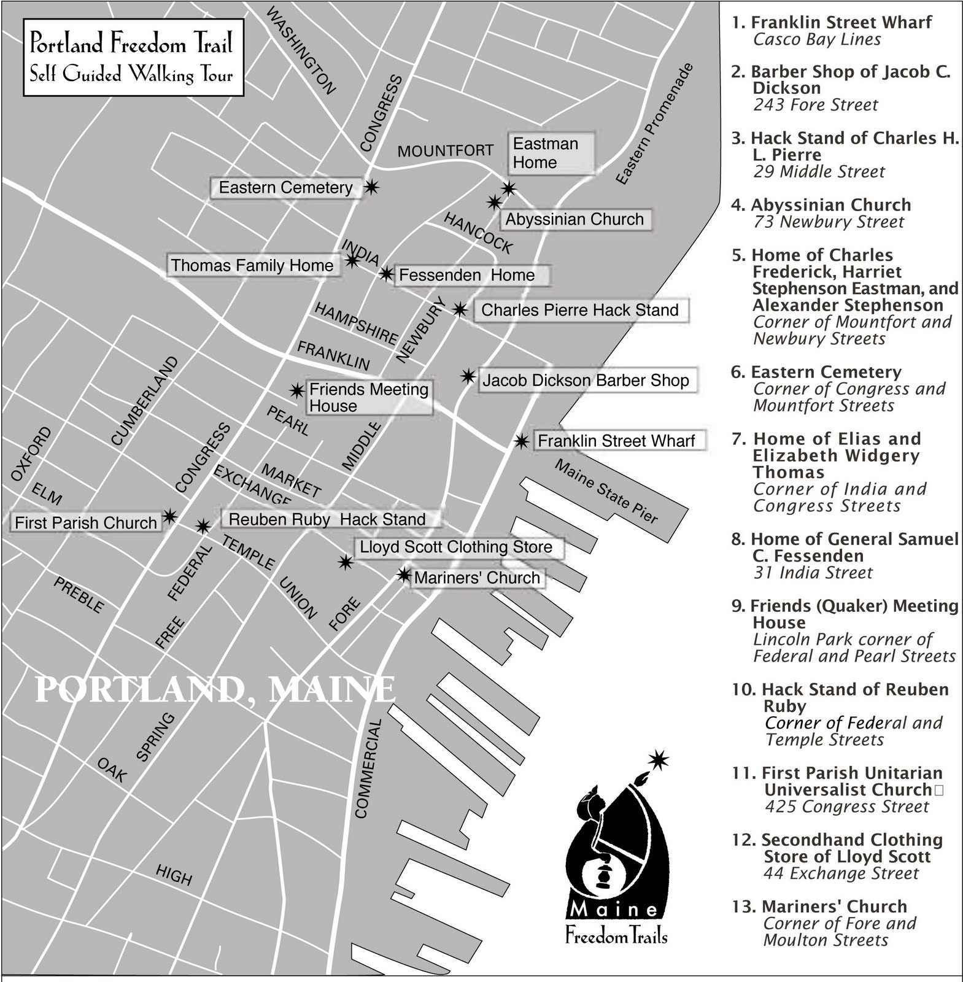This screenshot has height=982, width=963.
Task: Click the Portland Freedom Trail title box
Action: click(x=133, y=58)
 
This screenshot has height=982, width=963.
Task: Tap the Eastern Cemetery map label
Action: click(x=285, y=188)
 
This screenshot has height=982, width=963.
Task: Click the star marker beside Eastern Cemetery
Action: click(x=371, y=187)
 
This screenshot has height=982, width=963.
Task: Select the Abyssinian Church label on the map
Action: click(x=574, y=220)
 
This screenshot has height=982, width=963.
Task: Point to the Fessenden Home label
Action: click(x=467, y=276)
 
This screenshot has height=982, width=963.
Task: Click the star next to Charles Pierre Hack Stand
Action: click(x=460, y=309)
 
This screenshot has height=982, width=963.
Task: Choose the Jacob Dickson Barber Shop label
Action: click(x=586, y=381)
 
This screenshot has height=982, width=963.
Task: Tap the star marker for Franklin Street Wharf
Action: click(x=521, y=441)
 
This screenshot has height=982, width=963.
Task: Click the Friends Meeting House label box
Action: click(x=369, y=398)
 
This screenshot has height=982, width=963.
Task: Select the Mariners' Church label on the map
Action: click(x=477, y=578)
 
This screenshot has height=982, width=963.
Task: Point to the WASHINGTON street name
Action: click(x=301, y=51)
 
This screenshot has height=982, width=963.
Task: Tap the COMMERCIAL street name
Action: click(x=368, y=769)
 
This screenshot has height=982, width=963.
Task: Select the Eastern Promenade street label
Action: click(x=654, y=124)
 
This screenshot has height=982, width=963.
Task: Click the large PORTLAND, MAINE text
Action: click(x=215, y=689)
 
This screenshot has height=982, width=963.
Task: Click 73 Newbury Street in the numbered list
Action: click(x=829, y=222)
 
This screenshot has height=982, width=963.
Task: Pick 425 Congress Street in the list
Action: click(x=846, y=806)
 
